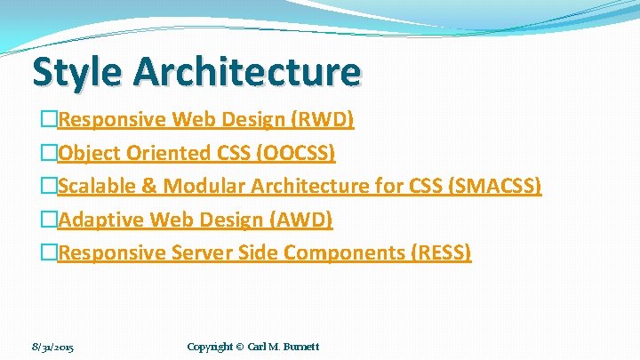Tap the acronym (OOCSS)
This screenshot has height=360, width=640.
tap(296, 153)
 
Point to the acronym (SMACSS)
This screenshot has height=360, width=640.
tap(497, 186)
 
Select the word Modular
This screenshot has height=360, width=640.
tap(204, 186)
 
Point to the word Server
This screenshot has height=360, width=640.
tap(201, 252)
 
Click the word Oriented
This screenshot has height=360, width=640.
tap(170, 153)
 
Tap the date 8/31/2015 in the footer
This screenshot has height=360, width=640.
tap(52, 346)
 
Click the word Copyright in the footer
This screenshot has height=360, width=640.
tap(211, 346)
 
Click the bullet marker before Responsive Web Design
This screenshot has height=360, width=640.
tap(50, 119)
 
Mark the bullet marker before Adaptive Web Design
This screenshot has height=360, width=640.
tap(50, 220)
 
